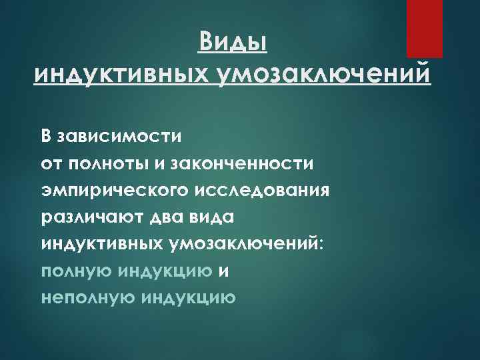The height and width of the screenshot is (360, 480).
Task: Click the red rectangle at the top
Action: (x=424, y=28)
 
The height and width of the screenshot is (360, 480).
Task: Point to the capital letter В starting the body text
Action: (x=46, y=137)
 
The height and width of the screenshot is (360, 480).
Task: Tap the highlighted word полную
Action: (x=77, y=271)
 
